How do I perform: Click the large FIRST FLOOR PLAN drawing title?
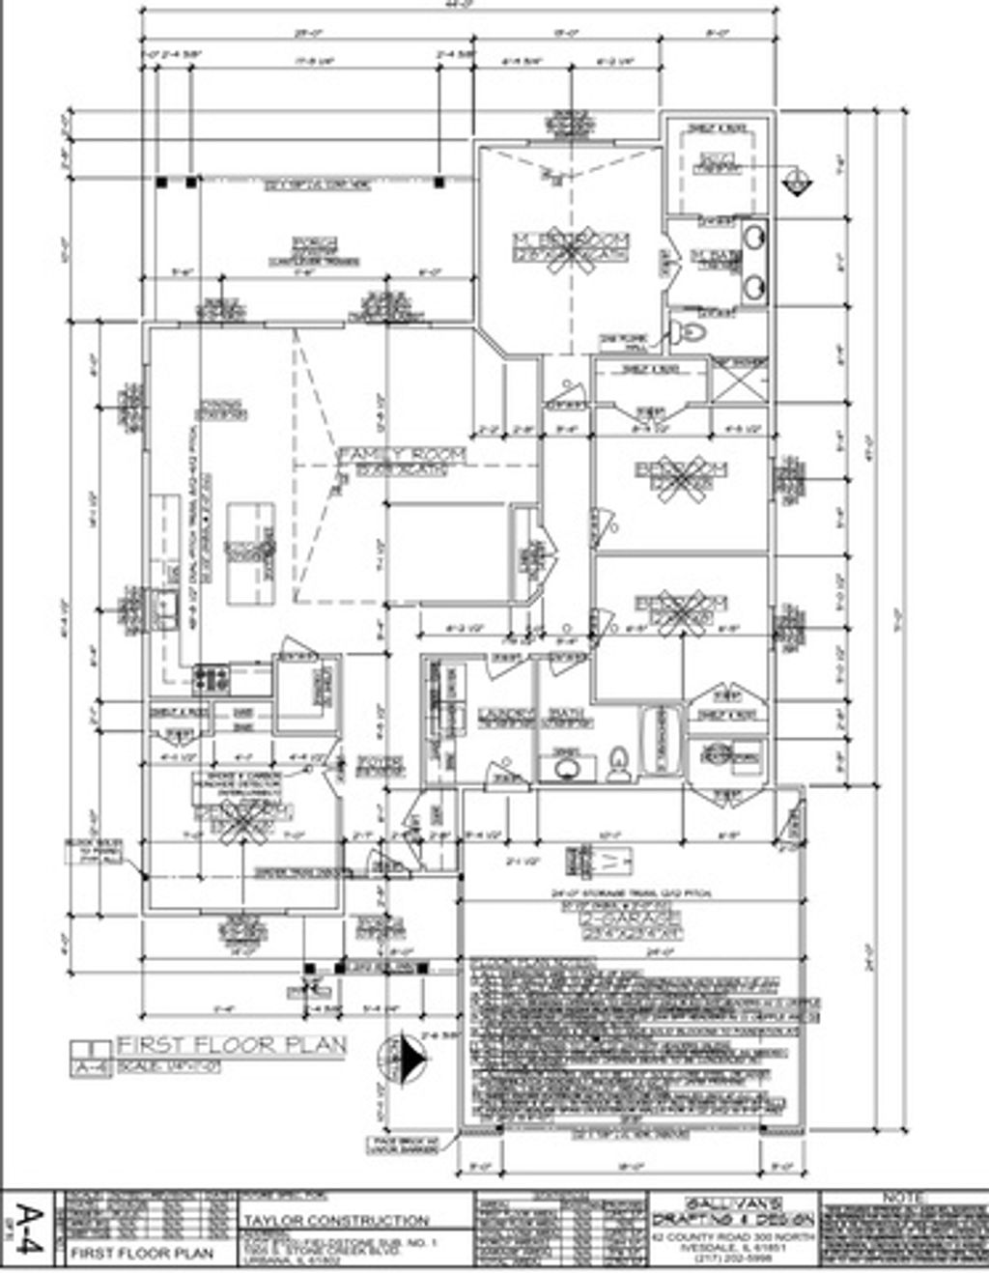[x=231, y=1045]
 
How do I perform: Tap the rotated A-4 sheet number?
[x=32, y=1229]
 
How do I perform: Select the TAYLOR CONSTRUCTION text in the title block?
[x=336, y=1220]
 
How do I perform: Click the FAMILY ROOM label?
[x=402, y=454]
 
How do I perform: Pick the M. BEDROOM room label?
[x=571, y=239]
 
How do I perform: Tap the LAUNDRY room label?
[x=506, y=715]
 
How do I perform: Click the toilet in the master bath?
[x=690, y=332]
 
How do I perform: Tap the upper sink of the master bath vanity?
[x=753, y=238]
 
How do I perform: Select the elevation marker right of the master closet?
[x=798, y=181]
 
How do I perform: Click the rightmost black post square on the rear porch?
[x=439, y=181]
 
